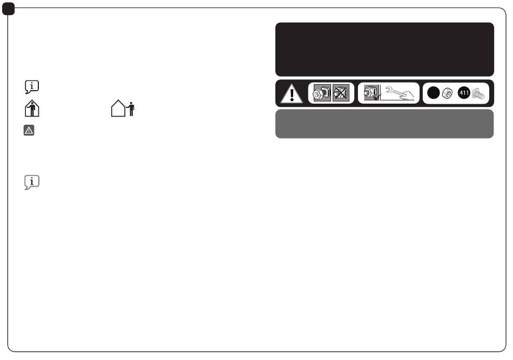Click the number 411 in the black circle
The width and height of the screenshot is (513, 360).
pos(464,93)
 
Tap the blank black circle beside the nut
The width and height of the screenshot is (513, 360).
pos(434,93)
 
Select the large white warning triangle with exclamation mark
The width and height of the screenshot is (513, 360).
pos(292,94)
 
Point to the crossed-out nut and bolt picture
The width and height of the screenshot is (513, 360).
pos(341,93)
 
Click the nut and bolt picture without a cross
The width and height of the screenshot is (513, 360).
pos(322,93)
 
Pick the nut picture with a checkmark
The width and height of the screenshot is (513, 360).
pos(372,92)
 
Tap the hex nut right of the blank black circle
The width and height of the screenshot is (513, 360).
pos(447,93)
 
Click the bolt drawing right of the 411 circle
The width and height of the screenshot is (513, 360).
pos(478,93)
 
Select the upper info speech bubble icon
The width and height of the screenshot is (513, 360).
pos(32,87)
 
